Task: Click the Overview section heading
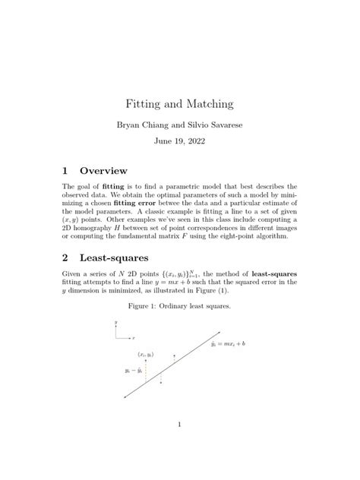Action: tap(104, 170)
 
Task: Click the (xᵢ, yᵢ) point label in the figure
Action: tap(147, 354)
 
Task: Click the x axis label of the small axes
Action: tap(134, 336)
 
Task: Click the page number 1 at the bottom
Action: tap(179, 425)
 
